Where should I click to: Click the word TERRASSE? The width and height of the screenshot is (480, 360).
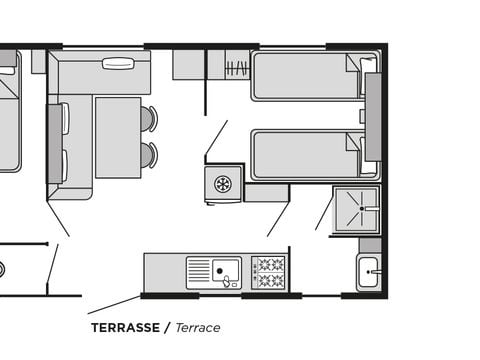[125, 328]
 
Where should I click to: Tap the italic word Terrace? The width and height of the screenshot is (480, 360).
[198, 328]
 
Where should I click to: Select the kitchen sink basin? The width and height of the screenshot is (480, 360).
[226, 270]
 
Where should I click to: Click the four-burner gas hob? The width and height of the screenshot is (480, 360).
[268, 272]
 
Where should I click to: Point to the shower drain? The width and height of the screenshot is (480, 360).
[362, 208]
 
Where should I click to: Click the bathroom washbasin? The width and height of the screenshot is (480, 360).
[368, 272]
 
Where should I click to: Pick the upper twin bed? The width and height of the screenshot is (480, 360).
[315, 76]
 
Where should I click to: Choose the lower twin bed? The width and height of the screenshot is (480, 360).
[315, 155]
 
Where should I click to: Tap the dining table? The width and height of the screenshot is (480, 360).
[118, 138]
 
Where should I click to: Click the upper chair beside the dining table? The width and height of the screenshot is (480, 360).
[148, 118]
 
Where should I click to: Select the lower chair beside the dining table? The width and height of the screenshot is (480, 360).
[148, 155]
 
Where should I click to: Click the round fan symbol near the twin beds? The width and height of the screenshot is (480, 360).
[223, 184]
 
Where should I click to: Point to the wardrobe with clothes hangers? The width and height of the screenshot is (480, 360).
[237, 65]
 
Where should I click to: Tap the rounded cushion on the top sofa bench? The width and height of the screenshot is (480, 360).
[118, 64]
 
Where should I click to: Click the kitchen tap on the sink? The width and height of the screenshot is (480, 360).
[227, 281]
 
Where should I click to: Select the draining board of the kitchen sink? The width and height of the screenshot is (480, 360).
[199, 272]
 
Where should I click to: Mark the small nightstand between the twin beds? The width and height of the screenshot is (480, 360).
[362, 116]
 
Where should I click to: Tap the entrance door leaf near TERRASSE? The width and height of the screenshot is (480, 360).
[114, 305]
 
